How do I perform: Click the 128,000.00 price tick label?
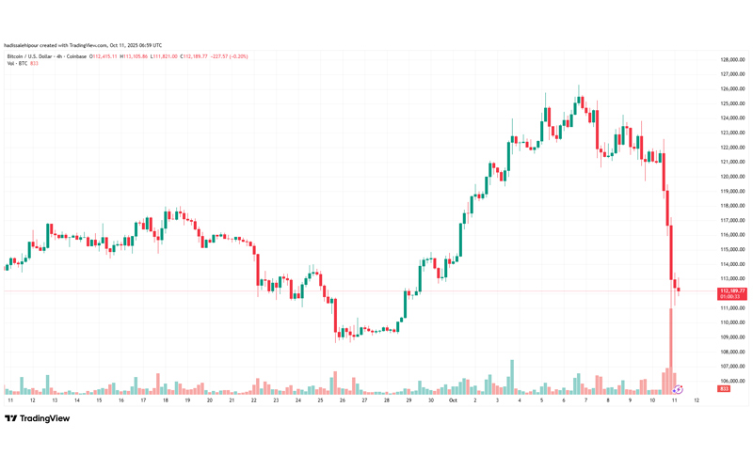click(x=732, y=59)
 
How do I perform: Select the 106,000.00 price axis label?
click(x=732, y=381)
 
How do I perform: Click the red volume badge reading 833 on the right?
click(x=724, y=388)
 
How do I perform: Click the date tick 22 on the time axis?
click(x=253, y=399)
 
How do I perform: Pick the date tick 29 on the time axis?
click(x=409, y=399)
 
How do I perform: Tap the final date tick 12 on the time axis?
click(x=696, y=399)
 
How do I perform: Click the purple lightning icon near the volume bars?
click(x=679, y=388)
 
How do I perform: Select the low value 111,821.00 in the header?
click(x=169, y=56)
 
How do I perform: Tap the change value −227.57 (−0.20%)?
click(x=228, y=56)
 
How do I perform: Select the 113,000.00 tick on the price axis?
click(x=732, y=278)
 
